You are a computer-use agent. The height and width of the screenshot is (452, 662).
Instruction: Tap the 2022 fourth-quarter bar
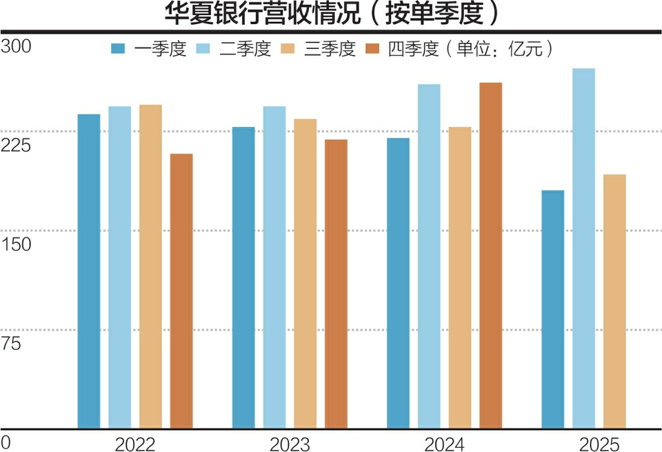click(x=181, y=291)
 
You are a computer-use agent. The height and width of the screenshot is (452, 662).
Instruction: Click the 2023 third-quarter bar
click(x=305, y=273)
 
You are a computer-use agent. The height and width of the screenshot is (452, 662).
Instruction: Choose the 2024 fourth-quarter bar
click(x=491, y=255)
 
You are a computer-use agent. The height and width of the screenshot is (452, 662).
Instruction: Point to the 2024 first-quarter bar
click(x=398, y=283)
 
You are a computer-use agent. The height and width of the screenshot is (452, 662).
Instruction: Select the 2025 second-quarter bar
click(x=583, y=248)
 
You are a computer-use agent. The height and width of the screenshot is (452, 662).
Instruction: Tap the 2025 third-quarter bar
click(x=614, y=301)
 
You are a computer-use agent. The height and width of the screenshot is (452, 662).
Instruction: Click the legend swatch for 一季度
click(x=119, y=49)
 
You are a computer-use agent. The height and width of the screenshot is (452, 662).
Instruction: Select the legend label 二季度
click(x=246, y=49)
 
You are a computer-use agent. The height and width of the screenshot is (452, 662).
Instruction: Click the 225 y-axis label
click(x=17, y=145)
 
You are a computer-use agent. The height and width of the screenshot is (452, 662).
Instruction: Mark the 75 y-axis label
click(x=12, y=343)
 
